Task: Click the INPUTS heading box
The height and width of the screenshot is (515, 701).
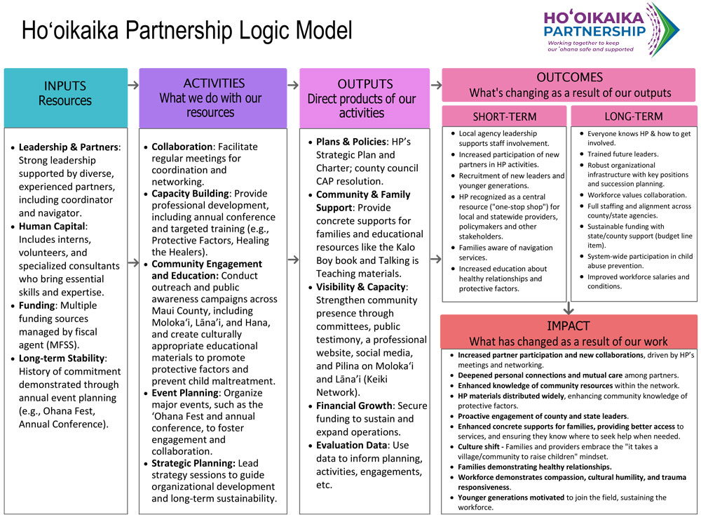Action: (x=65, y=93)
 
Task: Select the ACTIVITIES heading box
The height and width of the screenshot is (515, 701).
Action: (x=213, y=98)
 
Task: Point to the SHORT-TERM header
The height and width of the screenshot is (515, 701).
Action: (x=504, y=116)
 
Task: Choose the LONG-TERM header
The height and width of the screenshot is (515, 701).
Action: (x=634, y=116)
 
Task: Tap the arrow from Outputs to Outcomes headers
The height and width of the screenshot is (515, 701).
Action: (x=435, y=86)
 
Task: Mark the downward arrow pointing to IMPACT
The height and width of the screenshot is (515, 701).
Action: (x=569, y=307)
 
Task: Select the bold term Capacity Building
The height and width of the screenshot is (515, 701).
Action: (x=191, y=194)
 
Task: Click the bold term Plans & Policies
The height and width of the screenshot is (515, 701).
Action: (x=350, y=142)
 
